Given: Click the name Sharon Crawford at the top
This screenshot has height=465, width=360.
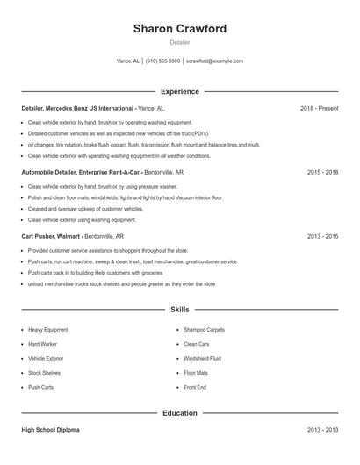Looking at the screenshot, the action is point(179,29).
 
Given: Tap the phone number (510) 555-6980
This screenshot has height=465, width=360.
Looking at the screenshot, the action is point(162,61).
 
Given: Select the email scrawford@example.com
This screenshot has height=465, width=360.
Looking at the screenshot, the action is point(214,61).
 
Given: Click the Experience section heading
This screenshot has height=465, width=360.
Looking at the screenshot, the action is point(180,91).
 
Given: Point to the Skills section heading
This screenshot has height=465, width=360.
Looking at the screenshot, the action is point(180,310).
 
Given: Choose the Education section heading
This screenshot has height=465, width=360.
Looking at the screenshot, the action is point(180,413).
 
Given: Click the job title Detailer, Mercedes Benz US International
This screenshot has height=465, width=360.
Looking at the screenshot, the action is point(78,108).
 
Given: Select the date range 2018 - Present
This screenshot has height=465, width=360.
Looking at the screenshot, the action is point(319,108).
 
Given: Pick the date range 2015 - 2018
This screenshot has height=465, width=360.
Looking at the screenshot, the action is point(322,173).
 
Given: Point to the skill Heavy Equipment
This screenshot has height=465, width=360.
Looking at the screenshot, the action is point(48,330).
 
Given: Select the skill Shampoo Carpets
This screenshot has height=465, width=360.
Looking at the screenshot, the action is point(204,330).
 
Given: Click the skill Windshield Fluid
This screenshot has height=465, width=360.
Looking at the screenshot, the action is point(203,358).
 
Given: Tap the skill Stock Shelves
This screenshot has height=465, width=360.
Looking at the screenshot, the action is point(45,373).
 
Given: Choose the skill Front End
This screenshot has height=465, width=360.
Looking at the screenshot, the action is point(195,387).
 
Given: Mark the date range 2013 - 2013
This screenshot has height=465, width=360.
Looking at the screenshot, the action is point(322,430).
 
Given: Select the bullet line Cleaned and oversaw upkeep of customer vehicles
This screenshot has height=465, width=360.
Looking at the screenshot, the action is point(85,209).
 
